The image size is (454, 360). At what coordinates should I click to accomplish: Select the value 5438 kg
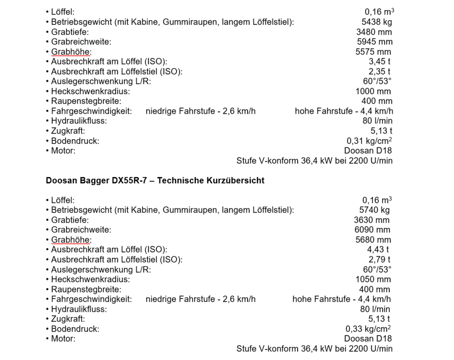click(x=377, y=22)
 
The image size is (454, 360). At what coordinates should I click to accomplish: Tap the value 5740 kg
click(x=374, y=210)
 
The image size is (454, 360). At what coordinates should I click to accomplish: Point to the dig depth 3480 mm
click(x=374, y=32)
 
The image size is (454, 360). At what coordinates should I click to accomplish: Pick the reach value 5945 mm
click(x=374, y=42)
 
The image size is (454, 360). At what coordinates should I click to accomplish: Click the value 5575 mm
click(x=374, y=52)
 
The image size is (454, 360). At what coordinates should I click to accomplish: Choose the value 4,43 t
click(x=378, y=250)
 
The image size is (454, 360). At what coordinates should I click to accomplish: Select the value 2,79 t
click(x=378, y=260)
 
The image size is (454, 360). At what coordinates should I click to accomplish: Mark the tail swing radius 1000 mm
click(x=374, y=91)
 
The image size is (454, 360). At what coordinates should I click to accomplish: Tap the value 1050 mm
click(x=371, y=279)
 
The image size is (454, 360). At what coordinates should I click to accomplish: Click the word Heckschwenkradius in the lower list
click(x=91, y=279)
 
